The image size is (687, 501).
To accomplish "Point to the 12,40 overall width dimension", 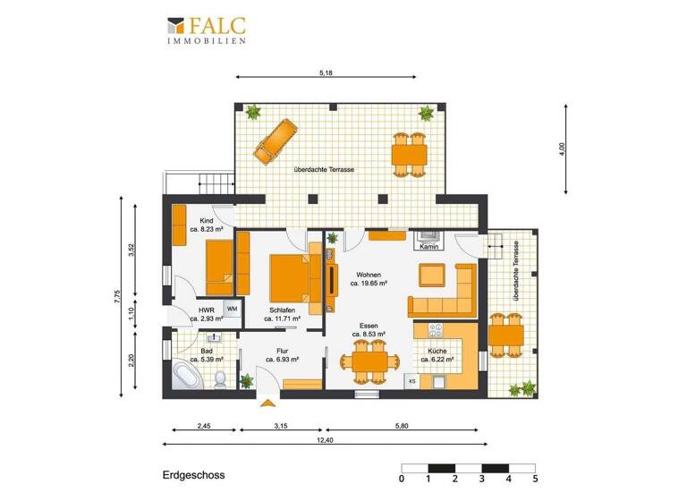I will [x=320, y=438].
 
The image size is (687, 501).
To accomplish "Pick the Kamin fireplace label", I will [x=428, y=247].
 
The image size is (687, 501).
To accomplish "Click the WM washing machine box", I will [x=232, y=309].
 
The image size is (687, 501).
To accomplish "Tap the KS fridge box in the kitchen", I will [x=412, y=381].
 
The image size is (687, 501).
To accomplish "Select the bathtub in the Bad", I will [x=188, y=377].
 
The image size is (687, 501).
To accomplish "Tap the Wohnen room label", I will [x=369, y=275].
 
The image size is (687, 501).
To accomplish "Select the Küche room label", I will [x=437, y=352].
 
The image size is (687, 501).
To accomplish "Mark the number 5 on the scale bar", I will [x=535, y=479].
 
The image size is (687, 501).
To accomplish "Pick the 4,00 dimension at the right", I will [x=561, y=148].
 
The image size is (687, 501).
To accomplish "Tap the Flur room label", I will [x=282, y=352].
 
